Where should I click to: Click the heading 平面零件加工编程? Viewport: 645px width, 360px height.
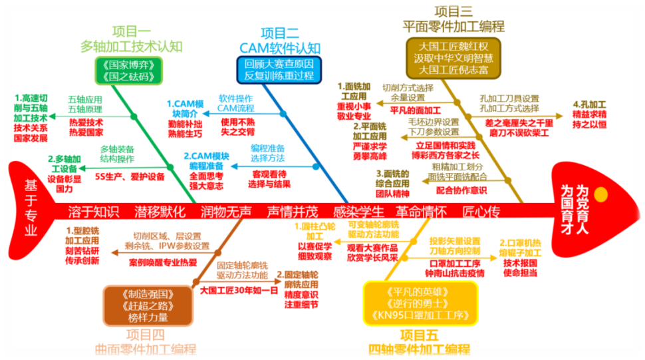pos(453,27)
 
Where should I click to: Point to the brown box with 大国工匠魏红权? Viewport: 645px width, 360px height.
pos(454,57)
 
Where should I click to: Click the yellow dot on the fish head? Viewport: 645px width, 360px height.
pos(600,194)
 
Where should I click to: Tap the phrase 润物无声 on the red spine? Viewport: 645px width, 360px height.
pos(226,212)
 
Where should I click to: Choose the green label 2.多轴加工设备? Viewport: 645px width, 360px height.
pos(66,164)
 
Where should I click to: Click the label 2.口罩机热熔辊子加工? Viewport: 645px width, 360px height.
pos(525,248)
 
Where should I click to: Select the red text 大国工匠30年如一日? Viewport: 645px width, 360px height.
pos(239,290)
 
